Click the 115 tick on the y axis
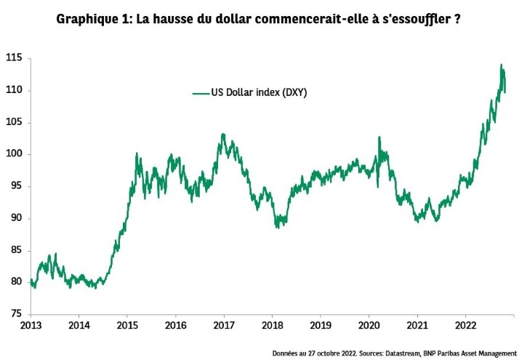(13, 57)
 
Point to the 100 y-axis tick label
(13, 154)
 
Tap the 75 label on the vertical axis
(15, 314)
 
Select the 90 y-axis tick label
(15, 218)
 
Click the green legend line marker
(200, 93)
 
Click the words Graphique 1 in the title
(89, 19)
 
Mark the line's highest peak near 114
(501, 65)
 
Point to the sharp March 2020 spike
(379, 137)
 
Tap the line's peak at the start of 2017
(223, 135)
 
